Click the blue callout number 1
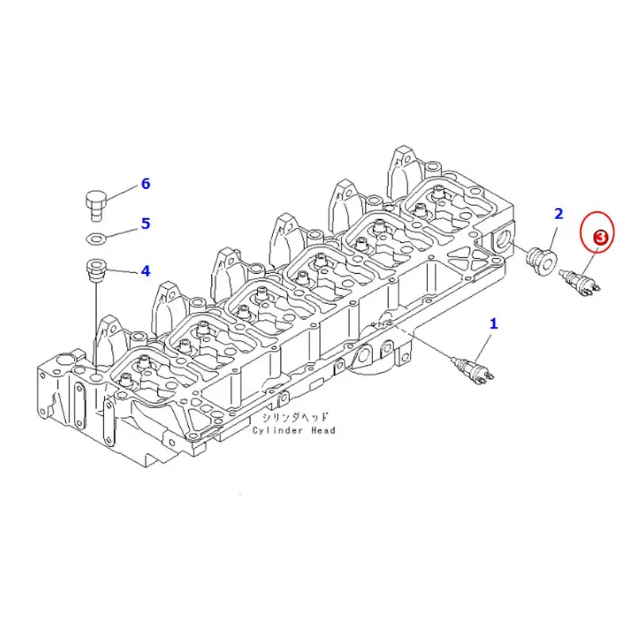coord(494,323)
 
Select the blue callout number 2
coord(559,214)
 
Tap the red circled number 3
coord(600,236)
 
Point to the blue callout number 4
coord(145,271)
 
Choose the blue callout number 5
coord(145,223)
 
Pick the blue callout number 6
coord(145,183)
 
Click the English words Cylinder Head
coord(294,430)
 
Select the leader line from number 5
coord(121,230)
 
